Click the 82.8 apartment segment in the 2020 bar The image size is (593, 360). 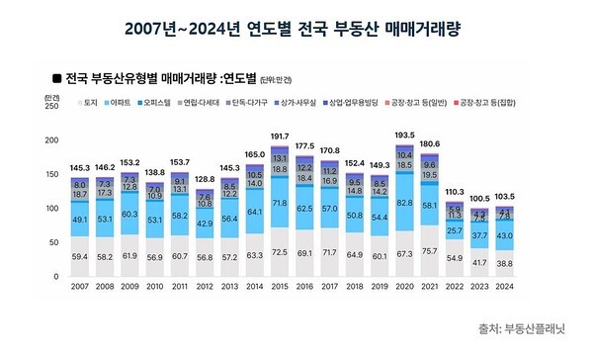tap(433, 229)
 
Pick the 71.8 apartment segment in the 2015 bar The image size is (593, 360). tap(279, 230)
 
